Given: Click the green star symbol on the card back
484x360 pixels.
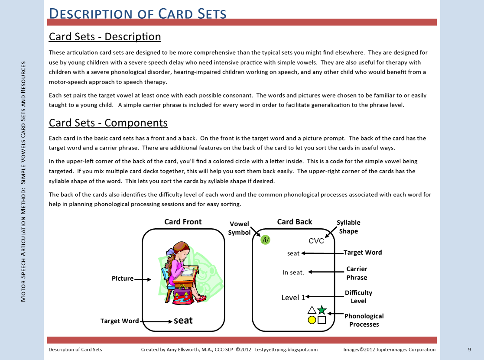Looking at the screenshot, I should click(x=322, y=310).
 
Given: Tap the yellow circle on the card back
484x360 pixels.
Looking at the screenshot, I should click(x=312, y=320).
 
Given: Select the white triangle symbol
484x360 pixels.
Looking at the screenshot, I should click(x=312, y=310).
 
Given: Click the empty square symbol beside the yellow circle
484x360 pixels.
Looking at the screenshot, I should click(x=322, y=320).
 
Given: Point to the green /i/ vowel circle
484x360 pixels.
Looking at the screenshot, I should click(x=266, y=240).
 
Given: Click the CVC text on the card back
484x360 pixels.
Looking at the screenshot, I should click(x=316, y=241).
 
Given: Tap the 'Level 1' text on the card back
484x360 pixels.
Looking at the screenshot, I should click(x=293, y=298).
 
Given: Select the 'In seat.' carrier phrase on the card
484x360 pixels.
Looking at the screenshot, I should click(x=293, y=272).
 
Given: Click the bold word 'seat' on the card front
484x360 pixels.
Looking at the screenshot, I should click(x=183, y=321).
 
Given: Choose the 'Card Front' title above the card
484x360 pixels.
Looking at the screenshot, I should click(x=183, y=222).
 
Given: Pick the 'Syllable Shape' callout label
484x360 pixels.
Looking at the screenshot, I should click(x=348, y=227).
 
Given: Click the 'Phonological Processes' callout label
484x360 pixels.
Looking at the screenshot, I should click(x=364, y=320).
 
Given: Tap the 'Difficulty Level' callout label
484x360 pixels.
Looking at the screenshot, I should click(x=358, y=297).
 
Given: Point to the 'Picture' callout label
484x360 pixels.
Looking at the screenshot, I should click(x=123, y=279).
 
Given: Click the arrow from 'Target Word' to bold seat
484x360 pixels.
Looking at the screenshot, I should click(x=156, y=321).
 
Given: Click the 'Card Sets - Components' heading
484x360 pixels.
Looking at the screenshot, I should click(x=108, y=123).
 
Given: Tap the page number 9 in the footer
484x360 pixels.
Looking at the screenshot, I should click(x=469, y=350).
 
